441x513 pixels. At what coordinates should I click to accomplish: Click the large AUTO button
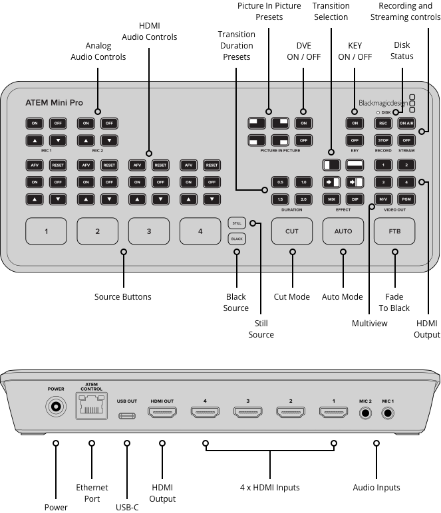pyautogui.click(x=343, y=231)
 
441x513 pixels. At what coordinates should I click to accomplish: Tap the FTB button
pyautogui.click(x=395, y=231)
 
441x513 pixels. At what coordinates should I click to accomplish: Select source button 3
pyautogui.click(x=149, y=231)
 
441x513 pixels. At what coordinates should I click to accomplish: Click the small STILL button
pyautogui.click(x=237, y=223)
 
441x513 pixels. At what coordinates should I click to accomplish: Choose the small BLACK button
pyautogui.click(x=237, y=238)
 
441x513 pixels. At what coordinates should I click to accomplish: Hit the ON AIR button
pyautogui.click(x=406, y=123)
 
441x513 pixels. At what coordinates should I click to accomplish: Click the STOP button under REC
pyautogui.click(x=383, y=140)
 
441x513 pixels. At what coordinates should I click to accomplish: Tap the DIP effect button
pyautogui.click(x=355, y=199)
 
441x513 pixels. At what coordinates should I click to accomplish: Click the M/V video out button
pyautogui.click(x=383, y=199)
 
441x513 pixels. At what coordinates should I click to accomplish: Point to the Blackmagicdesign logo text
pyautogui.click(x=383, y=104)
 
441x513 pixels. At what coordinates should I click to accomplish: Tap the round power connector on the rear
pyautogui.click(x=55, y=407)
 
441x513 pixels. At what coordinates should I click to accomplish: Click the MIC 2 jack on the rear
pyautogui.click(x=365, y=413)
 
